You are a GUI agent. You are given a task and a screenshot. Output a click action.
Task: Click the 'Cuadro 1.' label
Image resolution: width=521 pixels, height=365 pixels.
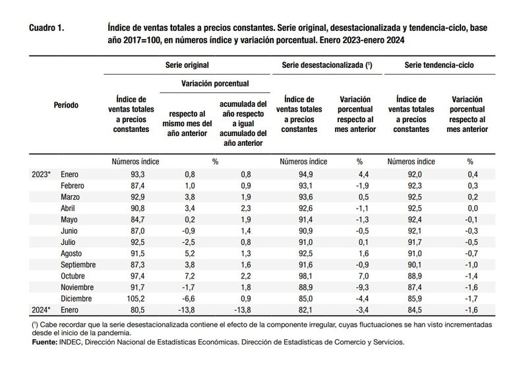coord(47,28)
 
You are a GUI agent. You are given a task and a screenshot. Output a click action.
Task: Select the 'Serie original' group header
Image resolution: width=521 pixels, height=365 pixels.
coord(187,65)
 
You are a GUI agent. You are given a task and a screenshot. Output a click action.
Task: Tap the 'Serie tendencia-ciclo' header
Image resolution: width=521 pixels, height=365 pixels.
coord(439,65)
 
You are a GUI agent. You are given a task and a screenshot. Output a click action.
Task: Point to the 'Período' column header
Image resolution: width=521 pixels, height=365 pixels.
coord(66,105)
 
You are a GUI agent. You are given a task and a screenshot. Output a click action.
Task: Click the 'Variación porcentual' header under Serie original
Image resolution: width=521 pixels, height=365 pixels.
coord(215,83)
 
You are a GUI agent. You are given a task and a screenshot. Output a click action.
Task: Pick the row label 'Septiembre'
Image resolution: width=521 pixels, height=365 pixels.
coord(78,265)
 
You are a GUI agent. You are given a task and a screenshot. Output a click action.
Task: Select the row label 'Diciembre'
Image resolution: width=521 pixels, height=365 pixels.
coord(76,298)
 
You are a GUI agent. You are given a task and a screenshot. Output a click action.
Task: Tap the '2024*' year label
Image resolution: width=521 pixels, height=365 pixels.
coord(41,310)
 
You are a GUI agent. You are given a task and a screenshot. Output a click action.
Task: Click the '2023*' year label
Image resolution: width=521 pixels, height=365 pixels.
coord(41,174)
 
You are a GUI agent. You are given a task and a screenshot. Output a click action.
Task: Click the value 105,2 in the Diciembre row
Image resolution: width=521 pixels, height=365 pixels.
coord(136,298)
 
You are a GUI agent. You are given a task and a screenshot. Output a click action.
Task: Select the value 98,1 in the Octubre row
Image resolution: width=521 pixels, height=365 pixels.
coord(306,276)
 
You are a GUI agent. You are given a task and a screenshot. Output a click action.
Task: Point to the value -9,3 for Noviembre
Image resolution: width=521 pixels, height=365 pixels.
coord(362,287)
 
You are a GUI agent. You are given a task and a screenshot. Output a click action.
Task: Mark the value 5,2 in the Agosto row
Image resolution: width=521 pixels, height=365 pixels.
coord(190,253)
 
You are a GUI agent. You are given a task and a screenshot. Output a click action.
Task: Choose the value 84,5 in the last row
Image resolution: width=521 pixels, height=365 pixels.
coord(415,310)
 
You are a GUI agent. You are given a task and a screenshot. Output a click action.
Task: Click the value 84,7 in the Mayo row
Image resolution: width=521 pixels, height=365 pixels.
coord(138,219)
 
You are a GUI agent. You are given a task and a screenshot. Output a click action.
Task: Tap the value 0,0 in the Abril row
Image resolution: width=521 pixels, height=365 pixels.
coord(472,208)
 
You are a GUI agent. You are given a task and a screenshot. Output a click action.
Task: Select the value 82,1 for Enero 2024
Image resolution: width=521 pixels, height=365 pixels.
coord(306,310)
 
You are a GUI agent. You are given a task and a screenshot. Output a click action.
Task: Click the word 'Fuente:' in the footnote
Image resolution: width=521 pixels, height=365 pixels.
coord(45,342)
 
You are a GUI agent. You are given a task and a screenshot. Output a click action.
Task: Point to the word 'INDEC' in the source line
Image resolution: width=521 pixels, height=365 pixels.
coord(70,342)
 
